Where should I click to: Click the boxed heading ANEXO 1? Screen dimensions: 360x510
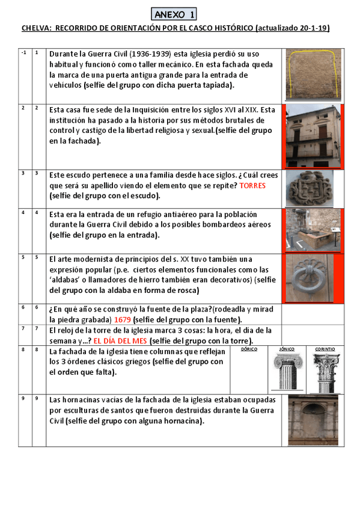click(174, 14)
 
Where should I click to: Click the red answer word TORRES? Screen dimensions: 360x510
click(252, 186)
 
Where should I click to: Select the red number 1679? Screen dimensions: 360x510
click(123, 320)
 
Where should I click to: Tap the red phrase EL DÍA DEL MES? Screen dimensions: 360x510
click(120, 341)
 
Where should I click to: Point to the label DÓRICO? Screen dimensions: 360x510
click(249, 349)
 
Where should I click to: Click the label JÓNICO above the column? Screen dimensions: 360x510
click(287, 349)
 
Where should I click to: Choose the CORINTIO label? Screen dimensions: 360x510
click(325, 349)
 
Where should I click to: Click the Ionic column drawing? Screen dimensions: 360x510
click(288, 372)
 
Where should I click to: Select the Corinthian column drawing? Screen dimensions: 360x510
click(326, 373)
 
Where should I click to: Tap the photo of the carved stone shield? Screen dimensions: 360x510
click(310, 188)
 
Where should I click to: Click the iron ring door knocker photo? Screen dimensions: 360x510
click(310, 278)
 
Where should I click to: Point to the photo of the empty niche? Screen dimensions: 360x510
click(313, 420)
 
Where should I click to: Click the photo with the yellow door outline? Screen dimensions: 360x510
click(314, 74)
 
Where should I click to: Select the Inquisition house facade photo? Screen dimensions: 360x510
click(313, 136)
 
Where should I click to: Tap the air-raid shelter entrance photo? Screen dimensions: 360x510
click(313, 230)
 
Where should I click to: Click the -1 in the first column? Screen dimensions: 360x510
click(23, 52)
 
